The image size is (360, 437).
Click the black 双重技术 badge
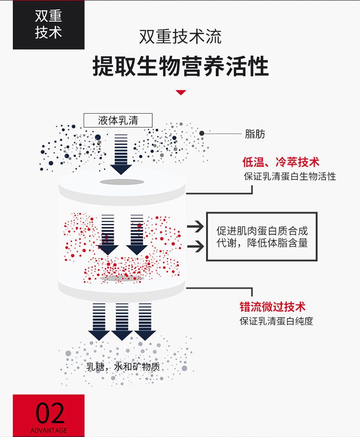(48, 24)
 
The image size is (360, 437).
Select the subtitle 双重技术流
(180, 37)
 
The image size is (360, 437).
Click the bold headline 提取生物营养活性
(180, 66)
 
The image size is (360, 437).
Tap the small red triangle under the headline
(180, 92)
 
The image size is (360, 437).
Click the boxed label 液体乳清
(118, 120)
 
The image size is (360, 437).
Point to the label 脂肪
(254, 134)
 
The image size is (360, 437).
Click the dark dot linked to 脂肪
(202, 133)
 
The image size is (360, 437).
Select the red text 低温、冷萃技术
(281, 162)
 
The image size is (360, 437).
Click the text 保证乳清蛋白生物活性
(289, 176)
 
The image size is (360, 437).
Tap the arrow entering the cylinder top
(121, 154)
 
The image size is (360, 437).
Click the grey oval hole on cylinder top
(121, 182)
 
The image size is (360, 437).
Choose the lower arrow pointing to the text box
(194, 247)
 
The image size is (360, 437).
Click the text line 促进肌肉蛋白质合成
(262, 230)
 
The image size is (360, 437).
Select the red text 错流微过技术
(272, 307)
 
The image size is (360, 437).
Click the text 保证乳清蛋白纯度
(276, 321)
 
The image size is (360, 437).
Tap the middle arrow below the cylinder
(122, 321)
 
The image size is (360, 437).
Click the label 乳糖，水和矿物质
(123, 367)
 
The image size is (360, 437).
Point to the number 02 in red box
(49, 412)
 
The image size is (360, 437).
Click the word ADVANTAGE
(49, 430)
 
